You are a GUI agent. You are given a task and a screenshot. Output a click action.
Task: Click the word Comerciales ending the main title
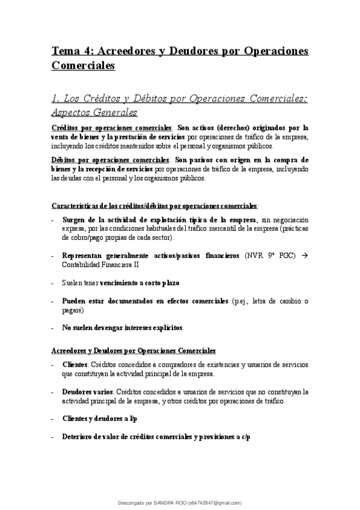(83, 66)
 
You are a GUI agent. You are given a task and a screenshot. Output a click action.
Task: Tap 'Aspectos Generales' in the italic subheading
(94, 112)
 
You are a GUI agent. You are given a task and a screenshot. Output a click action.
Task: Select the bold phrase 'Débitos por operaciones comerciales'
(111, 160)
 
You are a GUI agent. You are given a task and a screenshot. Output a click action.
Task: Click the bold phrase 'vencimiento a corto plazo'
(140, 282)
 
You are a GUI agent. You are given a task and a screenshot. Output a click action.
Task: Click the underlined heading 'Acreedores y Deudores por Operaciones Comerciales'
(133, 350)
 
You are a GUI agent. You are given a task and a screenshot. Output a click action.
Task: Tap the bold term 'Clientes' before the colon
(75, 364)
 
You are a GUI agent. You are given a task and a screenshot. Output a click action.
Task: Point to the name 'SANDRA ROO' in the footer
(170, 503)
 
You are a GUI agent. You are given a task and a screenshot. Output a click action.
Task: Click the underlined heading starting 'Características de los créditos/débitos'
(154, 205)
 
